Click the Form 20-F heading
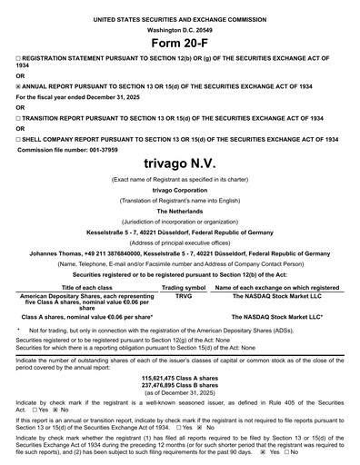click(180, 44)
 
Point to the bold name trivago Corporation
click(180, 191)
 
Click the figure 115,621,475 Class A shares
click(180, 350)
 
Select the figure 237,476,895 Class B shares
click(180, 357)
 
